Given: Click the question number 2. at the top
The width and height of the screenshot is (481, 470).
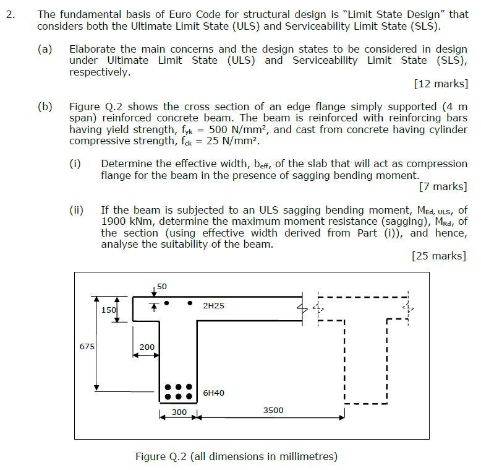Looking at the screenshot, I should (x=11, y=14).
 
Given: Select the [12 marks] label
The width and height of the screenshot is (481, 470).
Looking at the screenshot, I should (x=440, y=84).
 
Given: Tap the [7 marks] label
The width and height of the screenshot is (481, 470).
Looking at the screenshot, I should (x=443, y=186).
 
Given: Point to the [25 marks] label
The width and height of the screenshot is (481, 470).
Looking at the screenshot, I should (x=439, y=256).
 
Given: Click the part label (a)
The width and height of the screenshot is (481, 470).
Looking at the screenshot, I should (x=45, y=48).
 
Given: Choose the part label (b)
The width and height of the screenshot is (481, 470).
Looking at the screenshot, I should (x=45, y=106).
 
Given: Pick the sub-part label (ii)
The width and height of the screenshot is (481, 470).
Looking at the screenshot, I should (x=76, y=209).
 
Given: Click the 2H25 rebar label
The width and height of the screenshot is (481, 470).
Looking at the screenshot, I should (x=213, y=306).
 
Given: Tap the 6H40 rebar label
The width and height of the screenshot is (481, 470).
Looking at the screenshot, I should (x=213, y=393).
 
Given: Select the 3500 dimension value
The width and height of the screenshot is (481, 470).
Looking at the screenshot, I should (x=273, y=410).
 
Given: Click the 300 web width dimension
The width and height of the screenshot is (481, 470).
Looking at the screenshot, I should (x=179, y=412).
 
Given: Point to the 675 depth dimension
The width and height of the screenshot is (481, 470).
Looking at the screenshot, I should (x=87, y=346).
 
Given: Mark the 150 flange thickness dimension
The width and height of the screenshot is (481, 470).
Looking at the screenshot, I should (x=109, y=310).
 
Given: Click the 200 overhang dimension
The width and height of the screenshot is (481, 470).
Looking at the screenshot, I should (x=147, y=347).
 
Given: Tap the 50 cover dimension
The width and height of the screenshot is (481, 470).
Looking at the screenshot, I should (x=162, y=286).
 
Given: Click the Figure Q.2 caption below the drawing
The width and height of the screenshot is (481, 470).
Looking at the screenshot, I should (x=236, y=457).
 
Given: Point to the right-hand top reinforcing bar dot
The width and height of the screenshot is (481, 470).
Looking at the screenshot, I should (x=190, y=303).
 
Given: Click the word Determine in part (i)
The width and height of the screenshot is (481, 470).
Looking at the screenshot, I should (x=126, y=163).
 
